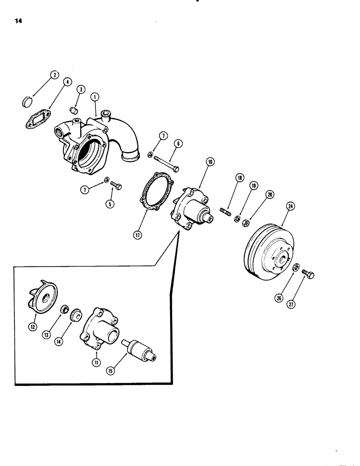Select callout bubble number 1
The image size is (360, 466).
pos(95,97)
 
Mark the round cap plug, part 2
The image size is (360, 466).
pos(28,101)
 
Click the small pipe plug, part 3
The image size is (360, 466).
pos(72,110)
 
